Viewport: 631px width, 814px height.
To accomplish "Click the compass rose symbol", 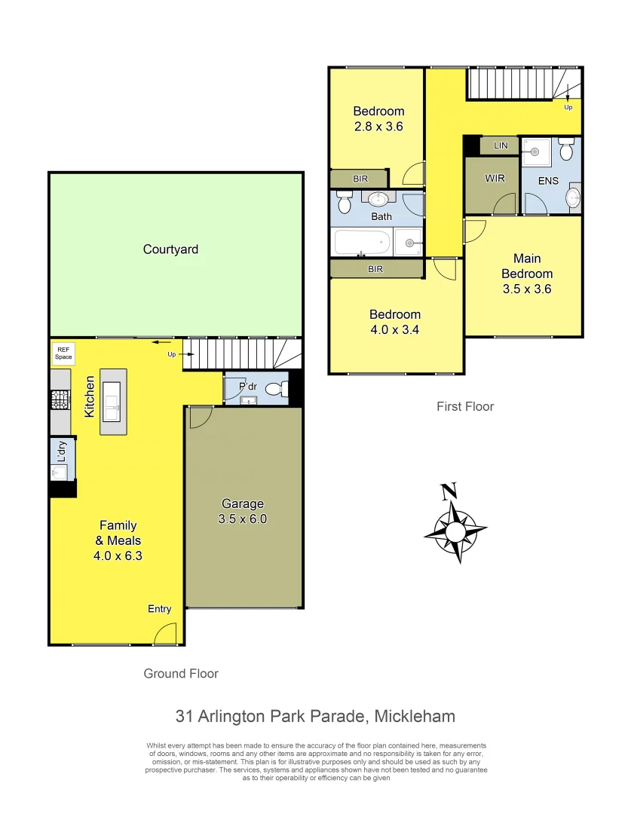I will point(455,528).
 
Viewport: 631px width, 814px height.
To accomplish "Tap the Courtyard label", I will point(170,249).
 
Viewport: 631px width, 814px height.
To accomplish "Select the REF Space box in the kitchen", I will point(63,353).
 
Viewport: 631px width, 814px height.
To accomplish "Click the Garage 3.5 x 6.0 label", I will point(243,511).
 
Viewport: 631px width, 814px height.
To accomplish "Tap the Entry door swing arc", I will point(165,634).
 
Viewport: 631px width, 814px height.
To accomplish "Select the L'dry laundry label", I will point(63,451).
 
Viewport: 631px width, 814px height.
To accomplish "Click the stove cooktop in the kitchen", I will point(60,399).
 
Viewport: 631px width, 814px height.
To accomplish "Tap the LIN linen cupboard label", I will point(500,145).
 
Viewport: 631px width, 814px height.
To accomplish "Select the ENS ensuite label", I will point(548,181).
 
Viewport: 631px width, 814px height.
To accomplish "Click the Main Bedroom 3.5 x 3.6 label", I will point(527,274).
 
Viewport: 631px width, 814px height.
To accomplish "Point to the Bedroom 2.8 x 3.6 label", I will point(378,119).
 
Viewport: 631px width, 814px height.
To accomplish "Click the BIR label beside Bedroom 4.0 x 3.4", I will point(375,268).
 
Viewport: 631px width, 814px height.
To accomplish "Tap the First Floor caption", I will point(465,406).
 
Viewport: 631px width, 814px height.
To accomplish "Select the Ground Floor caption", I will point(181,674).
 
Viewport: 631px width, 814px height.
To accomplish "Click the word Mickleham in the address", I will point(411,716).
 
